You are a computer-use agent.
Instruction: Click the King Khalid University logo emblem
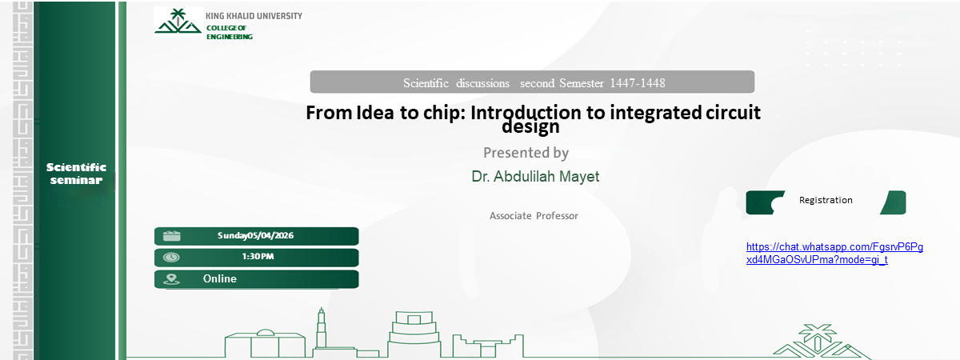(x=178, y=22)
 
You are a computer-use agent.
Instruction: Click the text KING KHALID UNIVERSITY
(x=254, y=16)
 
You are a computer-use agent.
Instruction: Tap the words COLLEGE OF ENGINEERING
(x=229, y=32)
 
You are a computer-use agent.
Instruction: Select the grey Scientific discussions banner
(x=532, y=82)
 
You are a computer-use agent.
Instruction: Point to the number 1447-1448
(x=638, y=83)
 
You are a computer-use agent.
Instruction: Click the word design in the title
(x=530, y=126)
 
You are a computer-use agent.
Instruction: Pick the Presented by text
(x=526, y=152)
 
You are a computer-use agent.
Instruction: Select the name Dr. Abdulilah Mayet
(x=534, y=177)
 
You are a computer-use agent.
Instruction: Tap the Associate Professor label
(x=534, y=216)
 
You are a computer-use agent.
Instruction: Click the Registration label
(x=826, y=200)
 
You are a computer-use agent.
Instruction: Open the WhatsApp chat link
(x=834, y=254)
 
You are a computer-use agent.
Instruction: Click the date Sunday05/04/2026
(x=256, y=235)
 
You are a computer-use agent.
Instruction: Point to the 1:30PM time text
(x=258, y=257)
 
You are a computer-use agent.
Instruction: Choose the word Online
(x=220, y=278)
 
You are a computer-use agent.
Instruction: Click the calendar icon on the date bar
(x=171, y=235)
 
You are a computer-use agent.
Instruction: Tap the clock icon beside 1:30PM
(x=171, y=257)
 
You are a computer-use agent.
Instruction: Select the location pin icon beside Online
(x=171, y=279)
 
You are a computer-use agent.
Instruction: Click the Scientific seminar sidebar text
(x=76, y=173)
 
